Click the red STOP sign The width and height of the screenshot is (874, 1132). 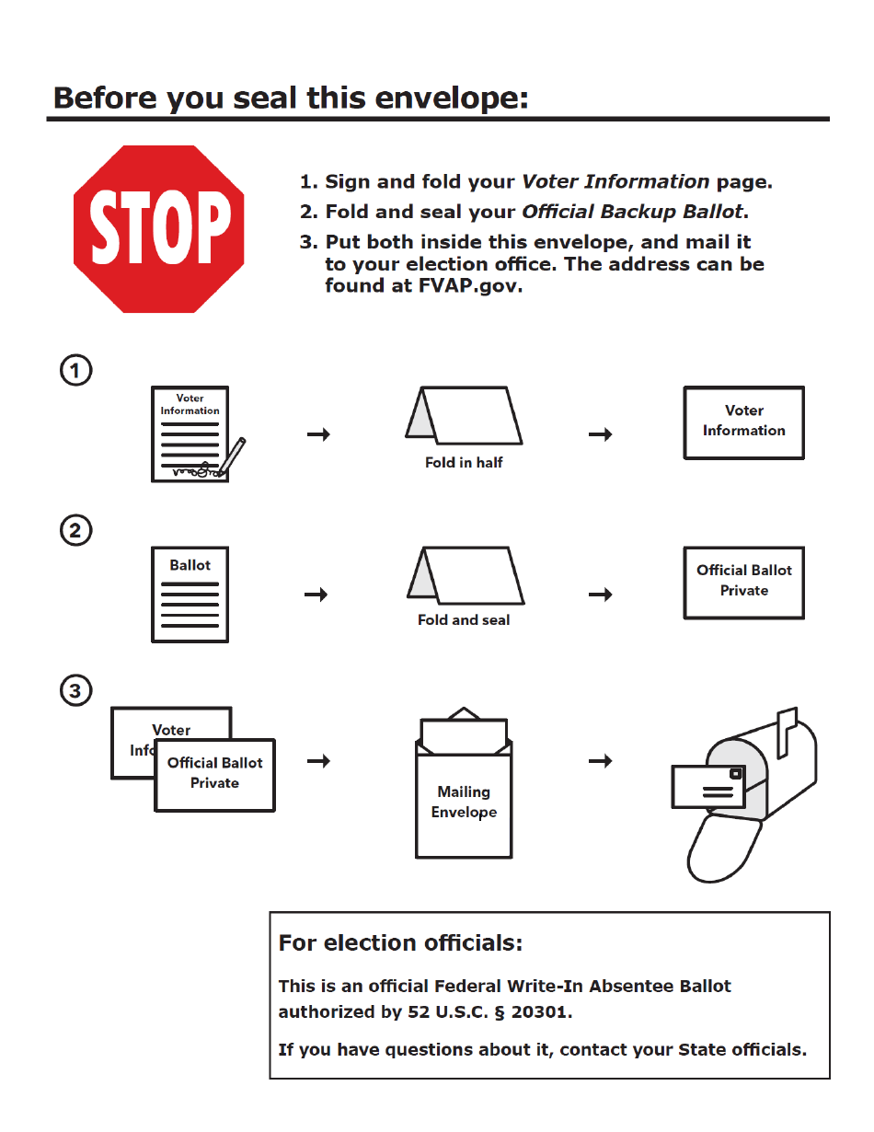point(159,226)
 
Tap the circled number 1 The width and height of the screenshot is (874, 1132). point(76,371)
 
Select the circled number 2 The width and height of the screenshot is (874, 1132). point(76,530)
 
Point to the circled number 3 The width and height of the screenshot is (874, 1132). point(76,690)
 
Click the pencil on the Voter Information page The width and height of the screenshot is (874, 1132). point(232,456)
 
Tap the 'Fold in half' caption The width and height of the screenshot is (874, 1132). point(464,463)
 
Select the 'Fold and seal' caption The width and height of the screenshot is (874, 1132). point(464,620)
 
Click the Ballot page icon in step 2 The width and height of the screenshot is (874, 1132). point(190,595)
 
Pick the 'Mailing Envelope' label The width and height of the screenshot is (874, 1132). point(464,803)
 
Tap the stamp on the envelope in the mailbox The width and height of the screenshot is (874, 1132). point(735,774)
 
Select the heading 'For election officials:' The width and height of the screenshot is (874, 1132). point(400,943)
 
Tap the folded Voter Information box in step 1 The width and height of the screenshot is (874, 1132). point(743,422)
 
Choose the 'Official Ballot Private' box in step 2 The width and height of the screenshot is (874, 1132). point(743,582)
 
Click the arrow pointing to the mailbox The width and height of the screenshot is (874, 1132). point(601,761)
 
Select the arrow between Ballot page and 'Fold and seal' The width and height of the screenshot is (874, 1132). point(316,595)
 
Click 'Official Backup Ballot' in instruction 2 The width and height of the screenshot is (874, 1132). point(632,212)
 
